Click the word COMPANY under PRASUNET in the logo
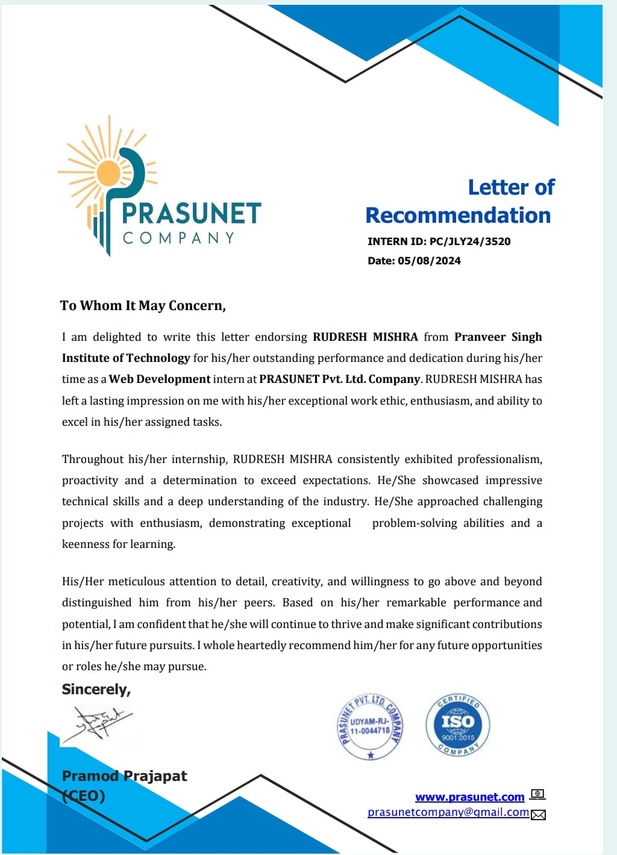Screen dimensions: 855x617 (x=178, y=238)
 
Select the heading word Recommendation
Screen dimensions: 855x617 (x=458, y=216)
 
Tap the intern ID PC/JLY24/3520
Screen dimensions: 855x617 (x=470, y=241)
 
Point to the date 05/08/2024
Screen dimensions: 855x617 (x=429, y=261)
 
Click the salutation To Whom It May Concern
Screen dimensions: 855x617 (x=143, y=306)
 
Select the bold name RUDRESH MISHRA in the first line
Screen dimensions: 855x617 (x=365, y=337)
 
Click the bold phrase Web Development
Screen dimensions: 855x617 (x=160, y=379)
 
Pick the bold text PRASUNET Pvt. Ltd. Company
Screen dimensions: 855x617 (x=339, y=379)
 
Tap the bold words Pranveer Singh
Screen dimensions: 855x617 (x=498, y=337)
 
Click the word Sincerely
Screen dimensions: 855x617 (x=96, y=689)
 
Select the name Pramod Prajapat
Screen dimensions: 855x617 (x=125, y=776)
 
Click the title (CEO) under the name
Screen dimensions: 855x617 (x=84, y=796)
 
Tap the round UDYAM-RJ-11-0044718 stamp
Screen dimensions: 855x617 (x=370, y=726)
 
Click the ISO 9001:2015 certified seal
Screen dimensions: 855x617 (x=458, y=724)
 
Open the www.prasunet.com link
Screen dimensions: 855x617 (x=469, y=797)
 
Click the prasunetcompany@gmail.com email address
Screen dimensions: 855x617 (x=448, y=812)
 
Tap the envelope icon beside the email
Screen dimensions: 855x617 (x=538, y=815)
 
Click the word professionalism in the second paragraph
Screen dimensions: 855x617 (x=500, y=459)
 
